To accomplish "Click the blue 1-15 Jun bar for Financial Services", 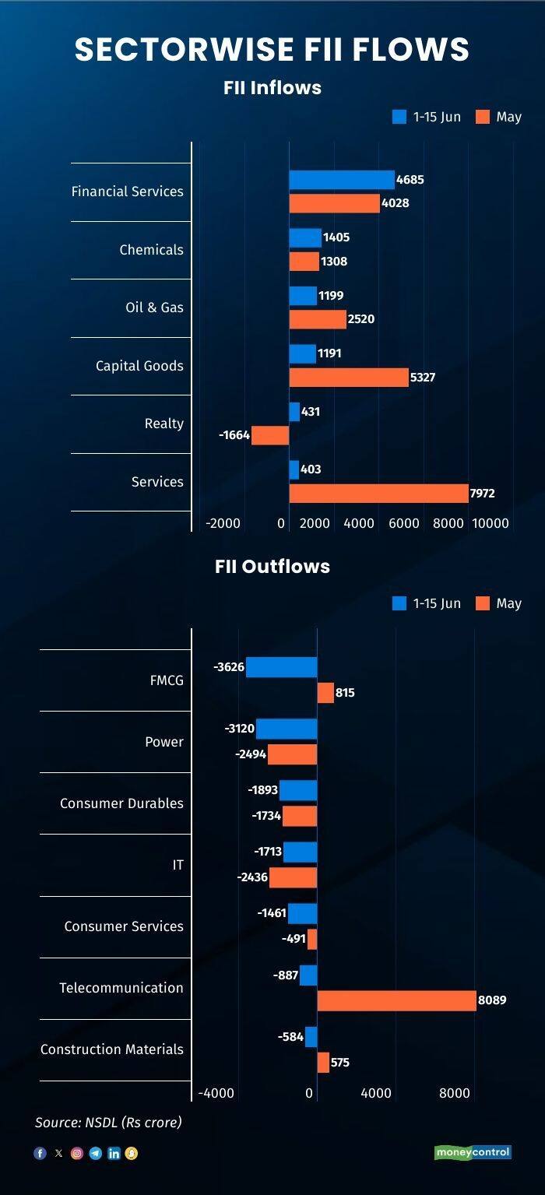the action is click(x=342, y=180).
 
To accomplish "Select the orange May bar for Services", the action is click(x=379, y=493).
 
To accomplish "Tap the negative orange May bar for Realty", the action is click(x=270, y=435).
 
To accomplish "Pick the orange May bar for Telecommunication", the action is click(x=396, y=1000).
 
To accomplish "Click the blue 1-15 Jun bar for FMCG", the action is click(x=281, y=667).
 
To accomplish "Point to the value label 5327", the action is click(x=423, y=377).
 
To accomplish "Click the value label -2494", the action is click(x=251, y=754).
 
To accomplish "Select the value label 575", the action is click(x=340, y=1062).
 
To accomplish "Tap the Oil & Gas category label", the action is click(x=154, y=308).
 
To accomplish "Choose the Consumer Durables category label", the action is click(x=121, y=803).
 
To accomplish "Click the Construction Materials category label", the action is click(x=112, y=1049).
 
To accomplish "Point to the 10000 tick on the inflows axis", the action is click(x=490, y=523).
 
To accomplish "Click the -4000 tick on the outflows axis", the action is click(x=216, y=1093).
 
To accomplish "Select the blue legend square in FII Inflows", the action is click(x=399, y=117).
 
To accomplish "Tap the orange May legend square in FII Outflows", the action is click(x=483, y=603).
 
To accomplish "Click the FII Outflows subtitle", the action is click(x=272, y=566).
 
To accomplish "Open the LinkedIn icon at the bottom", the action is click(x=114, y=1154).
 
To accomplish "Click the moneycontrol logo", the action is click(x=473, y=1152).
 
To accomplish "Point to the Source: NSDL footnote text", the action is click(x=108, y=1123).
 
